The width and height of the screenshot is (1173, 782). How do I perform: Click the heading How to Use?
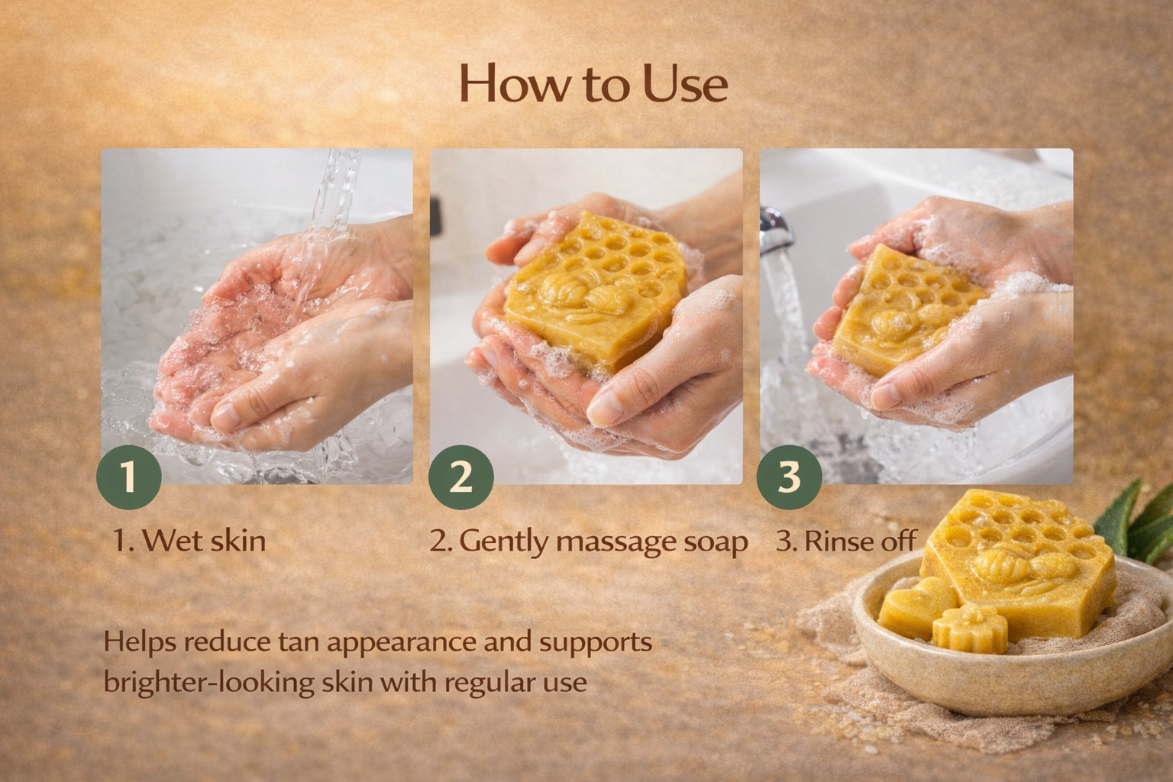point(593,84)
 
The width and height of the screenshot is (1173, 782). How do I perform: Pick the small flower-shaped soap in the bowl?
point(965,629)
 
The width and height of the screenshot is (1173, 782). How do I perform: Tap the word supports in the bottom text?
point(596,641)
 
